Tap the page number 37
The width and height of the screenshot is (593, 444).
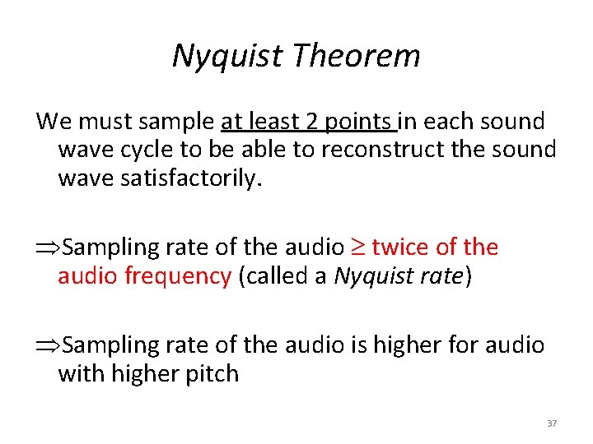pos(551,423)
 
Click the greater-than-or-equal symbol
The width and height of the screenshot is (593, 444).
pos(357,247)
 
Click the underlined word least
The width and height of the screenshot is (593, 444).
pos(273,122)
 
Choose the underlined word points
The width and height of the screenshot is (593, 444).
pos(360,122)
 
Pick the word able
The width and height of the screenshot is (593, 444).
pos(250,150)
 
